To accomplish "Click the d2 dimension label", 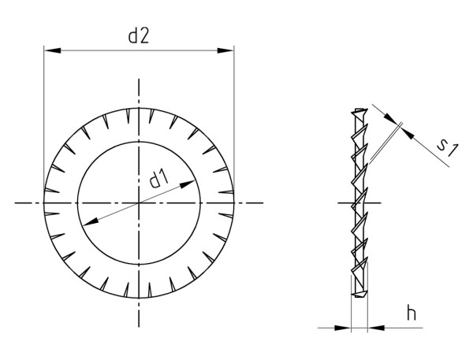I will (x=139, y=36).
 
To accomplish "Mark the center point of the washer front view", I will (x=140, y=203).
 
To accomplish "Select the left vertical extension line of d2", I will (x=44, y=118).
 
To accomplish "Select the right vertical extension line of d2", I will (x=236, y=118).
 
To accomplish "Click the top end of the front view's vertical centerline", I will (x=140, y=80).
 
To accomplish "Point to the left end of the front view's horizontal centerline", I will (x=16, y=203).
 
